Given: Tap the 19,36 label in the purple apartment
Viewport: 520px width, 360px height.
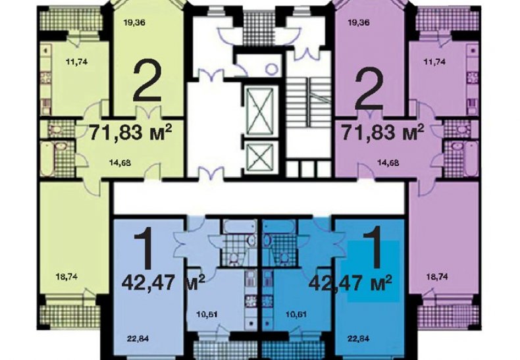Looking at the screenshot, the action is [359, 23].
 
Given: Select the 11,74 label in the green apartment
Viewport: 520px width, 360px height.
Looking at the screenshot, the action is [76, 62].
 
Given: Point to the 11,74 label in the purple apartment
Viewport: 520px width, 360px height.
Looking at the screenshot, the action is [434, 62].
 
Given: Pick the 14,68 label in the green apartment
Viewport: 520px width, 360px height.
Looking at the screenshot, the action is [120, 163].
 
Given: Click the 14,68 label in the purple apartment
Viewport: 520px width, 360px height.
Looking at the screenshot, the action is [388, 163].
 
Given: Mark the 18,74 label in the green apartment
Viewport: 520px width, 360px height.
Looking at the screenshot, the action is [67, 277].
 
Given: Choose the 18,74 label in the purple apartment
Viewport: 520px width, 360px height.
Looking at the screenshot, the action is [436, 277].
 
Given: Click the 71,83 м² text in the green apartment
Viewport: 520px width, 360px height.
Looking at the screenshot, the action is [131, 132].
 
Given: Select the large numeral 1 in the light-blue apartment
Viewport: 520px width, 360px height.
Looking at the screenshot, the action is [143, 249].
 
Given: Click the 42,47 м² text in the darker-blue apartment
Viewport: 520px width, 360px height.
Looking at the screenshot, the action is [350, 284].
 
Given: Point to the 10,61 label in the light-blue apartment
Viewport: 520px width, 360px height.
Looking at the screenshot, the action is [207, 314].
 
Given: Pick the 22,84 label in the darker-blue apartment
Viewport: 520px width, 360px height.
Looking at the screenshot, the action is [359, 339].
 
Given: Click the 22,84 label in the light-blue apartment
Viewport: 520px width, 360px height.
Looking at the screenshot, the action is [138, 339].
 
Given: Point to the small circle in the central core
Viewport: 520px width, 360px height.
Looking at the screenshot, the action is [273, 68].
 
